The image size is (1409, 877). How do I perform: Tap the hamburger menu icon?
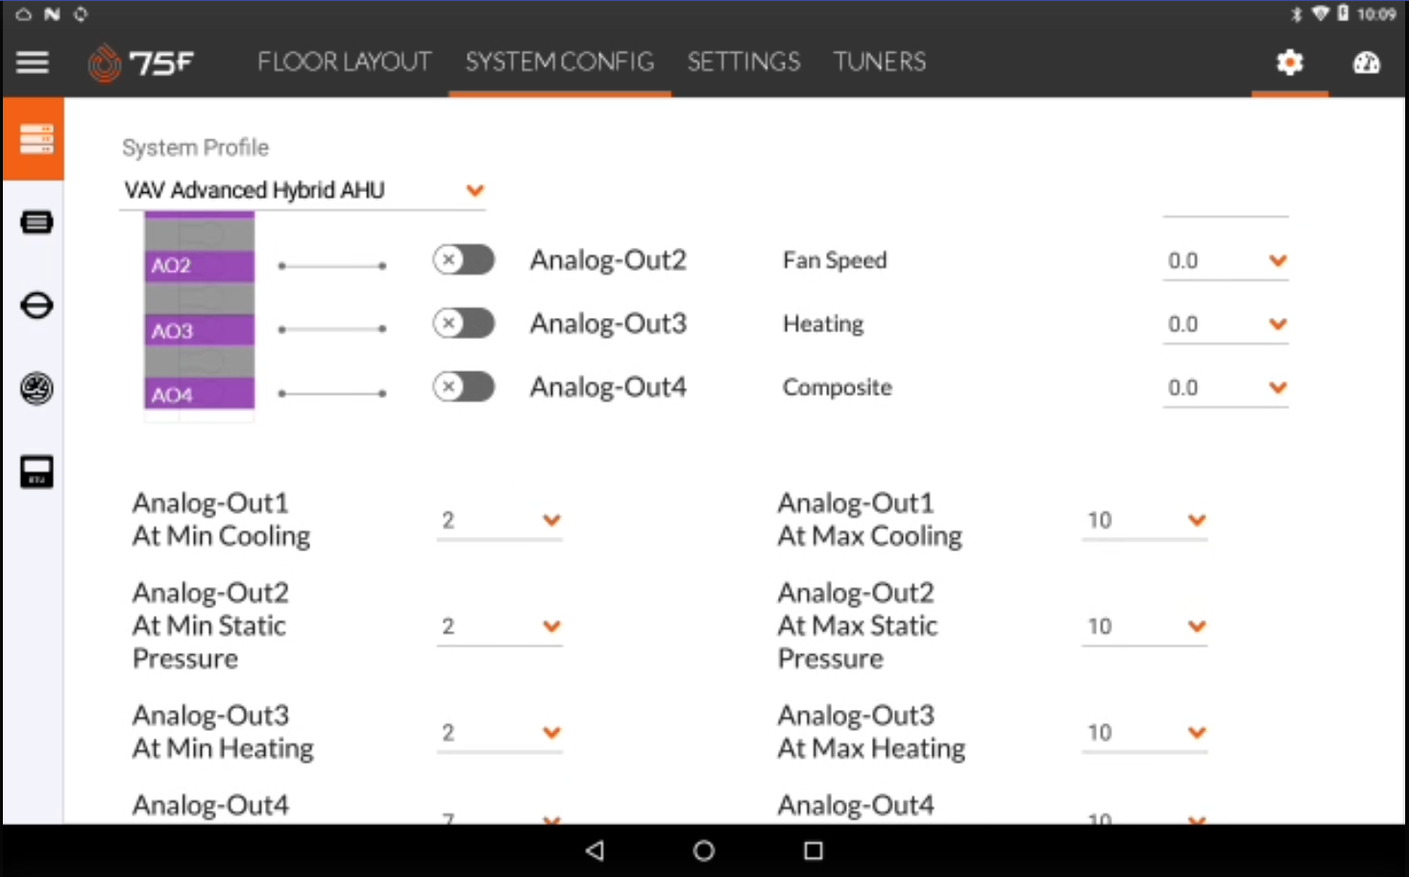pos(33,62)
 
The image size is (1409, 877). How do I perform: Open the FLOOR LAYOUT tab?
pos(344,62)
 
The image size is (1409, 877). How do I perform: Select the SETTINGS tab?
pos(743,62)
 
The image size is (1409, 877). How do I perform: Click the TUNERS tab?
pos(879,62)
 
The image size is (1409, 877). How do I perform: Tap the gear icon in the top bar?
pos(1289,62)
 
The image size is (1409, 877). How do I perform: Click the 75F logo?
pos(141,63)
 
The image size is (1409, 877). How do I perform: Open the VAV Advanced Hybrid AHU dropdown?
pos(304,190)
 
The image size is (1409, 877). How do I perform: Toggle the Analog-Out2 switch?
pos(463,259)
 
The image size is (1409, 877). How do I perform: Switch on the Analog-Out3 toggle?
pos(463,323)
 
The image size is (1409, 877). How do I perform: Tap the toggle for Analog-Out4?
pos(463,387)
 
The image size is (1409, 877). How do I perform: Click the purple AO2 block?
pos(199,265)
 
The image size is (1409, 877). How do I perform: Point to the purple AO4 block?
pos(199,394)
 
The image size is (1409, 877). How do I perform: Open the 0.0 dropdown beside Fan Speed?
pos(1225,260)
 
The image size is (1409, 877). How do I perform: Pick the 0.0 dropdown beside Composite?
pos(1225,387)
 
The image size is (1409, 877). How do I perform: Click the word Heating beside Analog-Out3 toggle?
pos(823,324)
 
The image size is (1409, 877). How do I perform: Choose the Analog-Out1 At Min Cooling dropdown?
pos(499,521)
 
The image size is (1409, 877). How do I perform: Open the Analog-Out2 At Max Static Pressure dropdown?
pos(1144,626)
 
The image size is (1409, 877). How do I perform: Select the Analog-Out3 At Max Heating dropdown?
pos(1144,733)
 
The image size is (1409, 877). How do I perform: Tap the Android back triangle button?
pos(595,850)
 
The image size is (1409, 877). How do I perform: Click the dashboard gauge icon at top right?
pos(1366,63)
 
